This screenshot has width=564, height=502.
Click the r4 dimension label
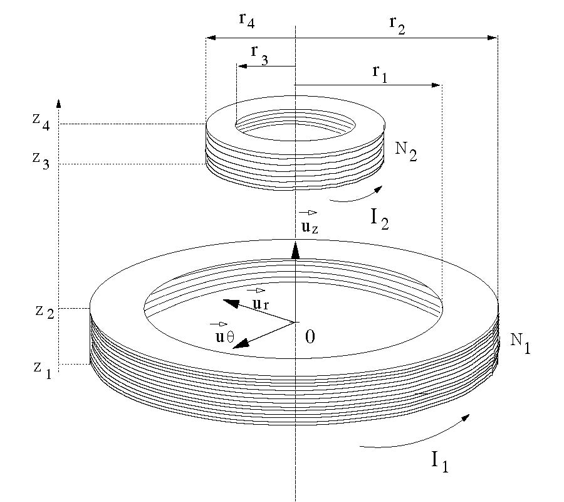point(247,20)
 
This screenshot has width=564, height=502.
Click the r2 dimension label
point(397,25)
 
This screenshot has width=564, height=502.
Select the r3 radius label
point(259,55)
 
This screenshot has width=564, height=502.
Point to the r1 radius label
point(380,74)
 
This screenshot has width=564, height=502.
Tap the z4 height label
point(41,122)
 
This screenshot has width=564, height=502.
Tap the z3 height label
point(41,161)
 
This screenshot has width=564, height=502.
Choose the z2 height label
point(44,311)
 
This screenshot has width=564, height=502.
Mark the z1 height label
point(43,369)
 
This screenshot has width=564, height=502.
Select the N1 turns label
point(520,343)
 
